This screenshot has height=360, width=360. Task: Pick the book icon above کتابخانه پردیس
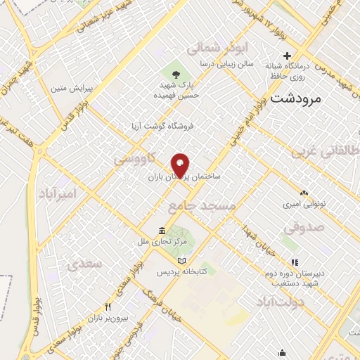[182, 260]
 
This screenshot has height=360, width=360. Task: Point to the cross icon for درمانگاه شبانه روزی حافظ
[286, 56]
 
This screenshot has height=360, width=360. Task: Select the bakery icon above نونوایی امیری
[304, 192]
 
